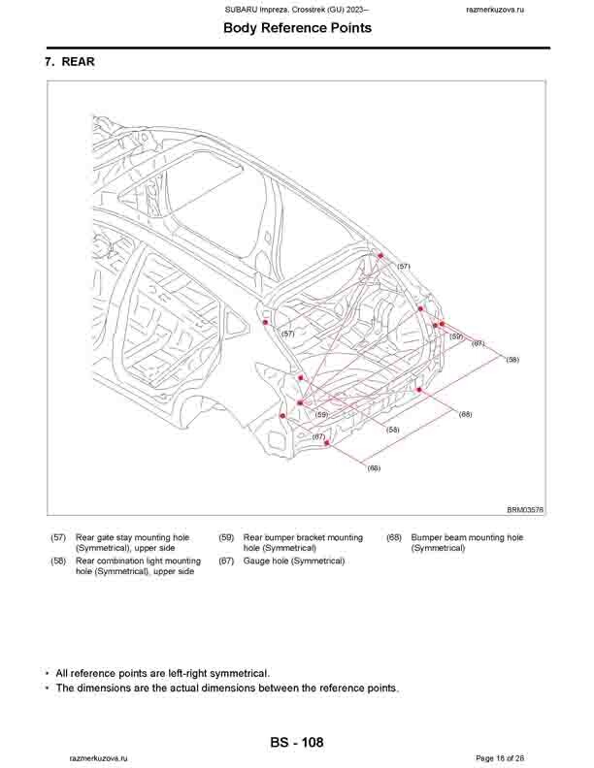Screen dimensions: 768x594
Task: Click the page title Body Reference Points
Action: pos(297,28)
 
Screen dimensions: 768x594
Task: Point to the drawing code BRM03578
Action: pos(525,508)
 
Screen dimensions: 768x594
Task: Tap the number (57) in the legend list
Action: pos(58,537)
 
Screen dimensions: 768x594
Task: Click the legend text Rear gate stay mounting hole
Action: pos(133,537)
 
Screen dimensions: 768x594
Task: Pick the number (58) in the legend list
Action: pos(58,560)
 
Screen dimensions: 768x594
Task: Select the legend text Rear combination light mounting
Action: pos(138,560)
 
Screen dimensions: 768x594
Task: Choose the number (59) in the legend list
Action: pos(226,537)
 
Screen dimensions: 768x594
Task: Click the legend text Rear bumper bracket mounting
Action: pos(303,537)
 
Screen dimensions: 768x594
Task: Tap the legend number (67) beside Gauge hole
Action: pos(226,560)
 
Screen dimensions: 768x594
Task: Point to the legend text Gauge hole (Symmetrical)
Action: pos(294,560)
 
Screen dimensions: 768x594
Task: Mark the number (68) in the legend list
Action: pos(394,537)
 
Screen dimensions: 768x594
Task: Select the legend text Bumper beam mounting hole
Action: pos(467,537)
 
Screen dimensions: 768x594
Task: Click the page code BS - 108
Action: pos(297,743)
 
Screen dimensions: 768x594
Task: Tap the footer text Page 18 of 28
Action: pos(501,757)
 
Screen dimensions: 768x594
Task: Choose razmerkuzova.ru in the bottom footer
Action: pos(97,757)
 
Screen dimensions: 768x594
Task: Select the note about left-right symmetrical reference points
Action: pos(162,673)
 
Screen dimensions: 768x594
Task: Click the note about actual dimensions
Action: pos(226,688)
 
